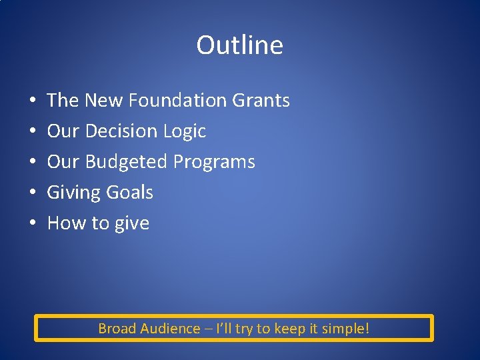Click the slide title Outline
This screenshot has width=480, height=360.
pos(239,45)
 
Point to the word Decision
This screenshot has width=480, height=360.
pos(122,131)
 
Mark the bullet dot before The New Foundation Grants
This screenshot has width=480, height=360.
pos(33,101)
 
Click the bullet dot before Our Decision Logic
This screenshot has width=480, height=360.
pos(33,132)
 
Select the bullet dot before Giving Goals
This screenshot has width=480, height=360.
pos(33,193)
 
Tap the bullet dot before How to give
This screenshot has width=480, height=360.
pos(33,224)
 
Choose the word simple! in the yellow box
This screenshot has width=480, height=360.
pos(347,329)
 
